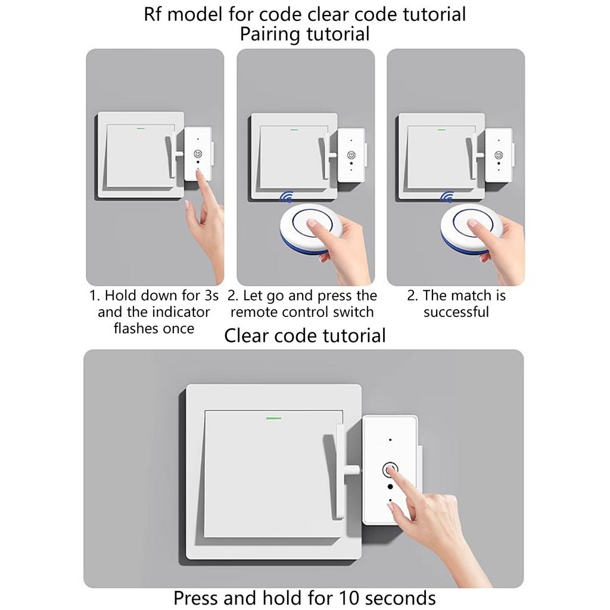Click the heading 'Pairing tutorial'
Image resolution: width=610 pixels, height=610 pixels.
(x=304, y=34)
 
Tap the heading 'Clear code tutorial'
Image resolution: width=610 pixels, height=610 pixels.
(x=304, y=335)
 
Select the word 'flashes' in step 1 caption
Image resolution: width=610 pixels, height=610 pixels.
(x=134, y=329)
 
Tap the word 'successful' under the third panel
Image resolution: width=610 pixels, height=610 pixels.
(x=456, y=312)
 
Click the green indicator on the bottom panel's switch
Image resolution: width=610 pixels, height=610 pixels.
(x=273, y=419)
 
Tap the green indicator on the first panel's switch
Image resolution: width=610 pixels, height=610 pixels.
(x=141, y=128)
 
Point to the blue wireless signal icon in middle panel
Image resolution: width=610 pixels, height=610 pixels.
(x=287, y=197)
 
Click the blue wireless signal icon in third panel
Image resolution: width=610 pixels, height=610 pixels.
(x=447, y=197)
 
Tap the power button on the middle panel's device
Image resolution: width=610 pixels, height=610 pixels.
(x=351, y=155)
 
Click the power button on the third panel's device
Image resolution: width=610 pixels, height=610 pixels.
(x=499, y=155)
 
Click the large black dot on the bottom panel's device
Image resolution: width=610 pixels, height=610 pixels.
(x=390, y=487)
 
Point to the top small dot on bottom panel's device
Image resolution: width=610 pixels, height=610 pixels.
(x=390, y=440)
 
